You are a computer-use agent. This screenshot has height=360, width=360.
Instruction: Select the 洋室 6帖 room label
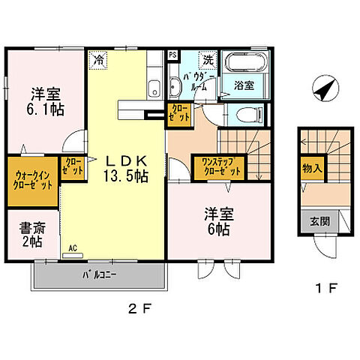(218, 220)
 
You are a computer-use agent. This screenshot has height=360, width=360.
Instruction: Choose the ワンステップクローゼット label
(217, 166)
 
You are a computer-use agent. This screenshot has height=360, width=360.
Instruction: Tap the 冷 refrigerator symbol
(99, 56)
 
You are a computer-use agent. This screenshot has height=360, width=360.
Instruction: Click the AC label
(73, 247)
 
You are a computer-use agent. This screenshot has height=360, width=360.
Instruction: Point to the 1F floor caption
(324, 287)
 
